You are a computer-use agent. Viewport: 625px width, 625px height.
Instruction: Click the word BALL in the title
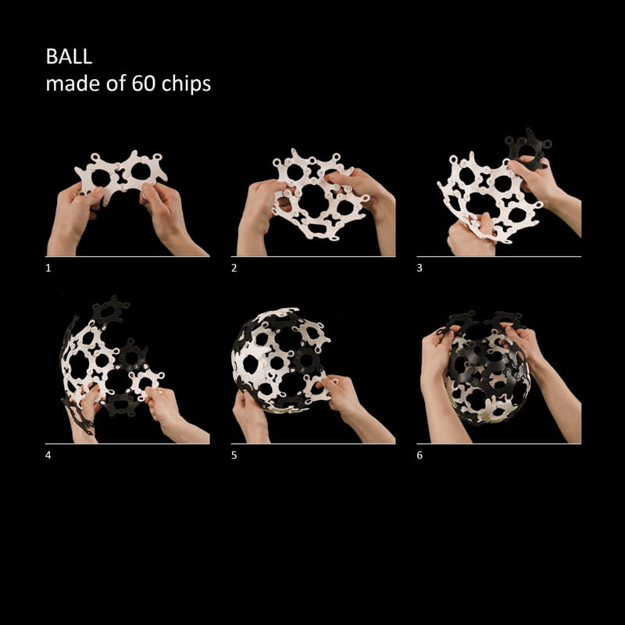click(x=69, y=56)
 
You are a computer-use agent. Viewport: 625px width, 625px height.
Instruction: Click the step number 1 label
click(x=48, y=268)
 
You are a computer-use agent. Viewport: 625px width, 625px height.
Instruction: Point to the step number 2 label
click(x=234, y=268)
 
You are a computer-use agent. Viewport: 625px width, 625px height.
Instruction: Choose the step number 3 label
click(x=420, y=268)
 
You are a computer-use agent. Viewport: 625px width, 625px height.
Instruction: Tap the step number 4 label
click(x=48, y=455)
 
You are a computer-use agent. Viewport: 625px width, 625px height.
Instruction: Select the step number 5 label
click(x=234, y=455)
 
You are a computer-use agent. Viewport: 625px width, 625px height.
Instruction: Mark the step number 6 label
click(x=420, y=455)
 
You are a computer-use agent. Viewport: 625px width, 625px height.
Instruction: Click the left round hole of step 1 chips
click(x=101, y=178)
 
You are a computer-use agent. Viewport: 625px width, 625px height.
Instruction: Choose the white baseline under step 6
click(x=499, y=443)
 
